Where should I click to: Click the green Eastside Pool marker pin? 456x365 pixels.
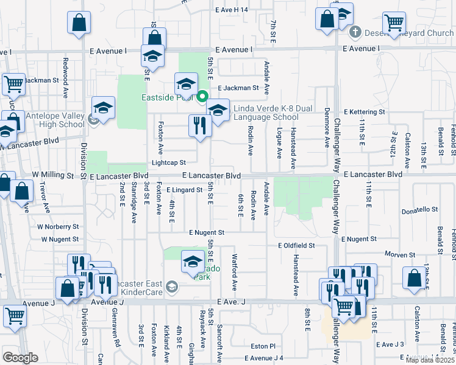tap(202, 96)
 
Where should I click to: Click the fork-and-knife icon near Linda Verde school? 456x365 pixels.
tap(200, 126)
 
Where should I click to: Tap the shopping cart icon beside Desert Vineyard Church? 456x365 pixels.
tap(394, 23)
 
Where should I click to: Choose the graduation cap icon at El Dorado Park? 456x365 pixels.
tap(193, 262)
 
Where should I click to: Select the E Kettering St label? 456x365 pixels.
tap(365, 112)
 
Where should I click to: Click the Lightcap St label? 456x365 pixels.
tap(168, 162)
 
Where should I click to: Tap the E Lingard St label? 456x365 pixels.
tap(183, 190)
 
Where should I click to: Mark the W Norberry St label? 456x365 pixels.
tap(58, 226)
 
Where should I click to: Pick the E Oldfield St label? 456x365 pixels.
tap(296, 245)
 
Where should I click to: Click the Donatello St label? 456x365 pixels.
tap(420, 210)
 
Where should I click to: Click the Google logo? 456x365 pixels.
tap(20, 357)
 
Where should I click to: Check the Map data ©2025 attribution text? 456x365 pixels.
tap(429, 360)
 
